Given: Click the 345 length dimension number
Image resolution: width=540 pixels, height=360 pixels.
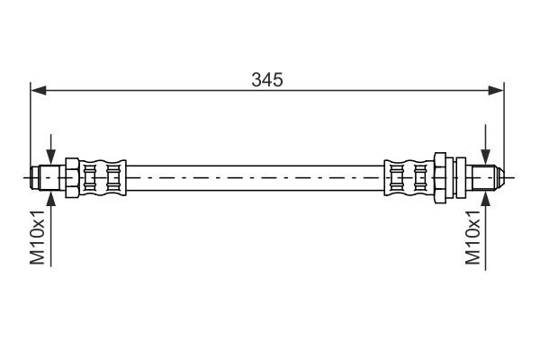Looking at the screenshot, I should (267, 79).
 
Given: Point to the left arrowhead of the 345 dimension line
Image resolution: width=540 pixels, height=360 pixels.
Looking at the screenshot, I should (38, 89).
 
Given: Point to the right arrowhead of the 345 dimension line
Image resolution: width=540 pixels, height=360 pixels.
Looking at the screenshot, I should (498, 89).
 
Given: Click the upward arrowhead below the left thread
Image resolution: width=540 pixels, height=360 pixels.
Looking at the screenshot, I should (51, 195).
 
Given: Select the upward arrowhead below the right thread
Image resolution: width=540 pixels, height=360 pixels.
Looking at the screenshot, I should (486, 195).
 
